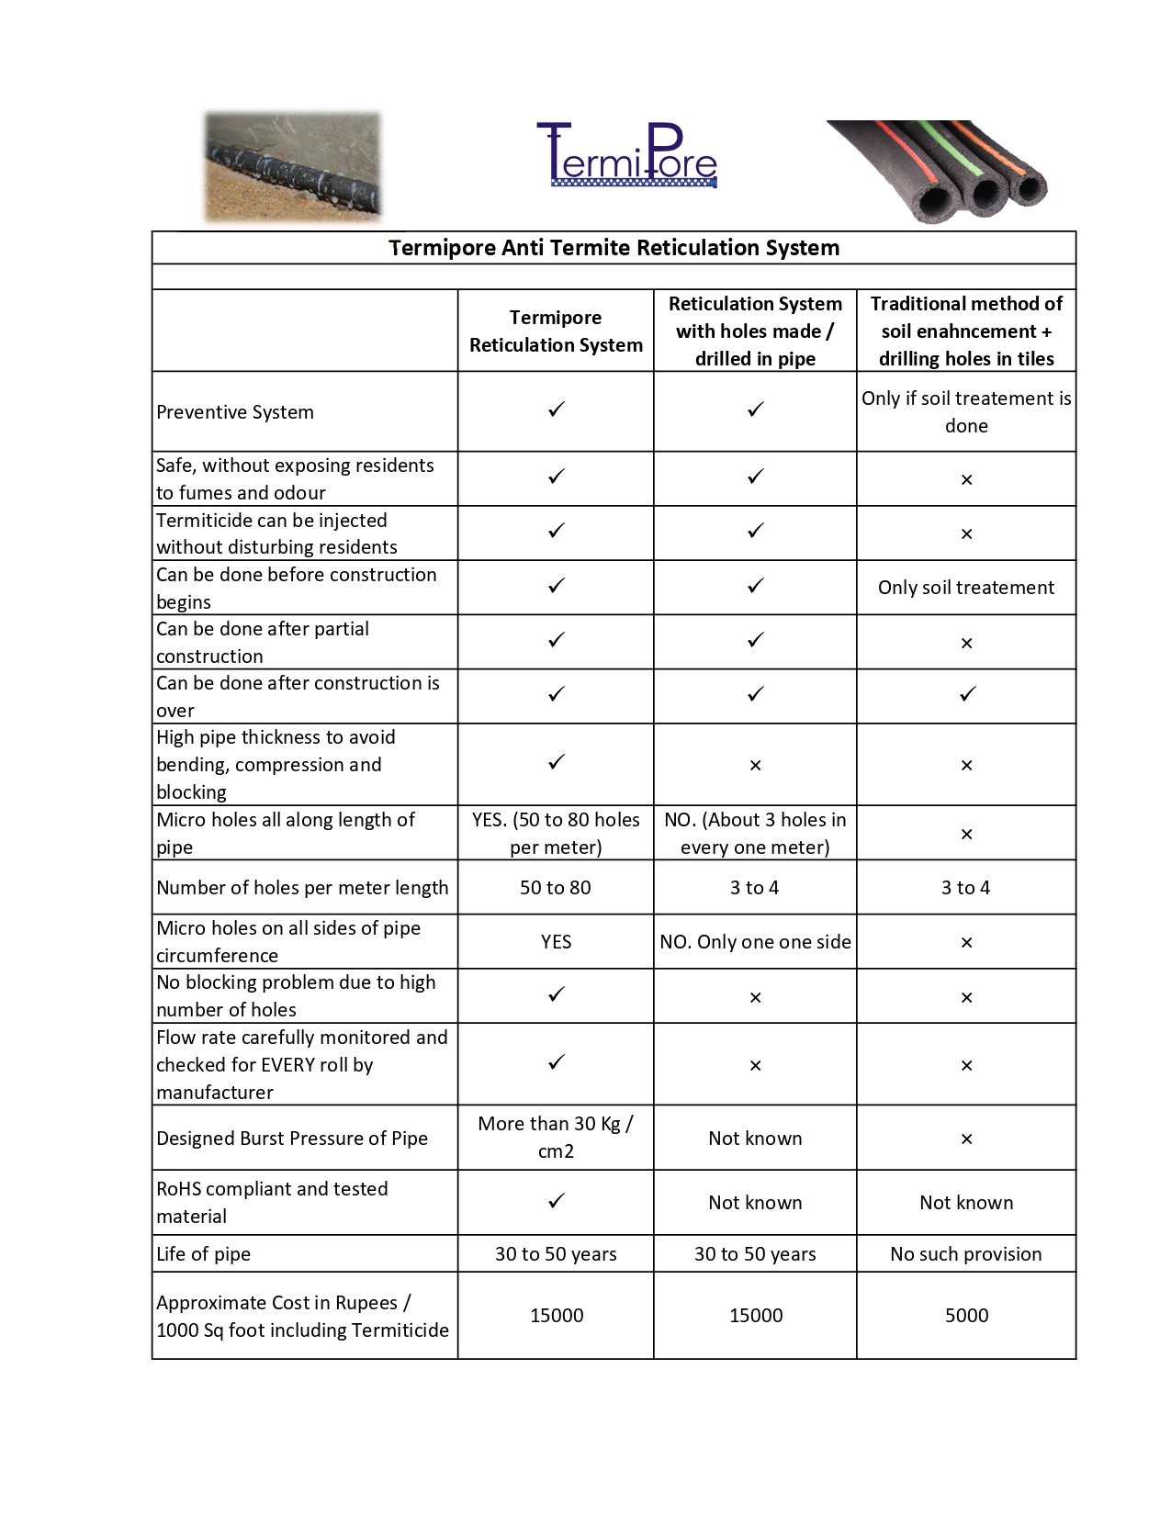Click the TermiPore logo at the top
click(x=627, y=156)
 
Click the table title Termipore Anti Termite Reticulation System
click(x=614, y=248)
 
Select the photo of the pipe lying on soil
click(x=292, y=167)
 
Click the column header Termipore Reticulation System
click(x=556, y=331)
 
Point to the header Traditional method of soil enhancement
click(x=966, y=331)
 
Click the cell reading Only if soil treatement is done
click(x=966, y=411)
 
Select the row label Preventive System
click(x=235, y=412)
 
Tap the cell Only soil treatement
click(x=966, y=588)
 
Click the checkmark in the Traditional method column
click(x=967, y=695)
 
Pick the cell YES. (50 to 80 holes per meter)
click(x=556, y=833)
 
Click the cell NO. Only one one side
click(x=755, y=942)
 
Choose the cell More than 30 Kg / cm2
click(x=556, y=1137)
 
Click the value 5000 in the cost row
click(x=966, y=1316)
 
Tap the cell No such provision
click(x=966, y=1254)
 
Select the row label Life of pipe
click(x=204, y=1254)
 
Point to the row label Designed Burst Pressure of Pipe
click(x=292, y=1139)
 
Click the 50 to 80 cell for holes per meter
click(x=556, y=888)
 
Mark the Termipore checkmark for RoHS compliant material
click(x=556, y=1201)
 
